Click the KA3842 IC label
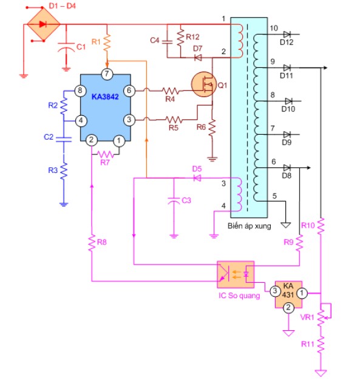[106, 97]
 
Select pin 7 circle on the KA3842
[107, 75]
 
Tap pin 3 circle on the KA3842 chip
[129, 120]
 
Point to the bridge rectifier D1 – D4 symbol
[43, 25]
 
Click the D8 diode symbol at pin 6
[287, 168]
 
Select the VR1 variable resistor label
[308, 316]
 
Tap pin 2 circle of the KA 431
[288, 308]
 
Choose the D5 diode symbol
[197, 178]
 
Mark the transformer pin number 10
[273, 29]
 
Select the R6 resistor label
[200, 127]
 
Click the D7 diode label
[197, 48]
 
